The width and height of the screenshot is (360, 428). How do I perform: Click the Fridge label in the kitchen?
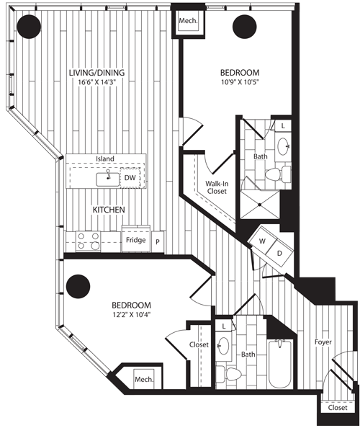coord(135,240)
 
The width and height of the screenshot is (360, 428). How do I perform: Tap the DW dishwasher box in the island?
coord(130,178)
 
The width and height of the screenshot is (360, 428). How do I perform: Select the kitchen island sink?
coord(108,179)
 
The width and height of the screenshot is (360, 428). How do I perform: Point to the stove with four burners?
coord(88,241)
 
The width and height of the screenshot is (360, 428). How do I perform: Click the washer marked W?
coord(262,241)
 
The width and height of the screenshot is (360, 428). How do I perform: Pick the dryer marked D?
coord(279,254)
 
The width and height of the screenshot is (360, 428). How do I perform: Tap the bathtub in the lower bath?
coord(280,363)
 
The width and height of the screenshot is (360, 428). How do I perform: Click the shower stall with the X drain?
coord(260,205)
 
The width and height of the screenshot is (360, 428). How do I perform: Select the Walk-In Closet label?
coord(217,187)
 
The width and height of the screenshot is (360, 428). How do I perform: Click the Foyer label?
coord(323,342)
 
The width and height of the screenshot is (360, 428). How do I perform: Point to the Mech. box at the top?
coord(188,21)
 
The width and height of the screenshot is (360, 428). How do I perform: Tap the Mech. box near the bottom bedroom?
coord(144,379)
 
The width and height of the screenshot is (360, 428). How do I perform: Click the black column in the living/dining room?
coord(29,27)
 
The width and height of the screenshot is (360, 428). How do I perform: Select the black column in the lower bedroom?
coord(78,286)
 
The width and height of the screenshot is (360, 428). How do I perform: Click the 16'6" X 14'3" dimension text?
coord(97,82)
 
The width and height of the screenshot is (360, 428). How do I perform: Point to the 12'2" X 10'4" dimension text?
coord(132,315)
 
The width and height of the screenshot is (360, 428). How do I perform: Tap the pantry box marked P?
coord(158,241)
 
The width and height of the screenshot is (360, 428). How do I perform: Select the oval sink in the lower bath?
coord(223,346)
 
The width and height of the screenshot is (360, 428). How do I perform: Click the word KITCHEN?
coord(109,210)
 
